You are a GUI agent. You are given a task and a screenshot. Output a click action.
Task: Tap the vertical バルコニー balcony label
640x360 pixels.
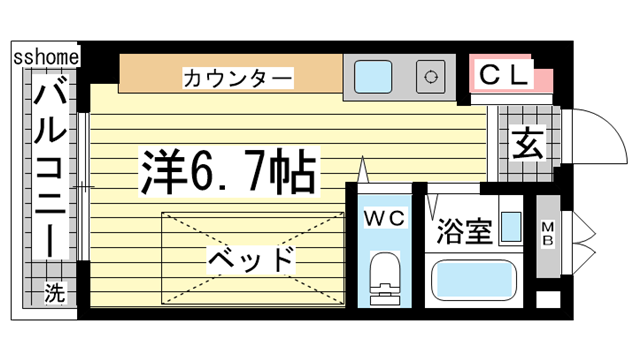[x=48, y=170]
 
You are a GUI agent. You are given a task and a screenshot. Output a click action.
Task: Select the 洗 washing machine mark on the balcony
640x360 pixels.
[x=56, y=294]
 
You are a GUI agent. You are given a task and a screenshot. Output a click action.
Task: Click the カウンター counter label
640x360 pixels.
[x=237, y=77]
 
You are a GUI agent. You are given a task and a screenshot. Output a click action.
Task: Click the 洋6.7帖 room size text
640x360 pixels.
[x=227, y=172]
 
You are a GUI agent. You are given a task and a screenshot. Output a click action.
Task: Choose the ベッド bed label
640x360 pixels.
[x=252, y=260]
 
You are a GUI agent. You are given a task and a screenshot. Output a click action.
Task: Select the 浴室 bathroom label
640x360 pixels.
[x=464, y=231]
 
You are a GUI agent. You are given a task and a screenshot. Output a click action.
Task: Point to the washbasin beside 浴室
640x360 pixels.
[x=511, y=227]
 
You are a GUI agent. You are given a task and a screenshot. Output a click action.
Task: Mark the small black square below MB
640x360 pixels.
[x=548, y=298]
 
